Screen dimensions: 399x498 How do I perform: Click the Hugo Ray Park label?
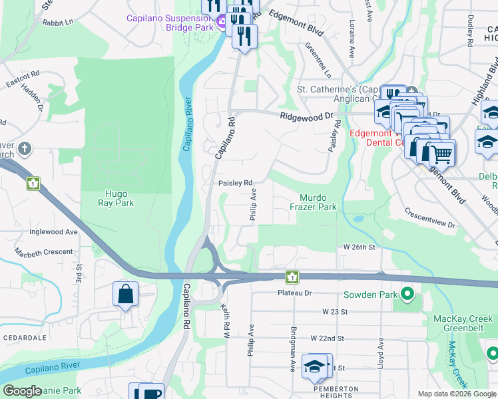(x=117, y=198)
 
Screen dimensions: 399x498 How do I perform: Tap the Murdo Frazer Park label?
(x=318, y=203)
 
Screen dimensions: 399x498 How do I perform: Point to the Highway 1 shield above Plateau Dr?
(x=291, y=276)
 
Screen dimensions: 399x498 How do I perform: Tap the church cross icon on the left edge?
(x=25, y=148)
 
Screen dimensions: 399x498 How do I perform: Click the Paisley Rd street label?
(x=236, y=183)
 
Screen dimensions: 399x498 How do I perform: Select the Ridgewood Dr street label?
(x=306, y=116)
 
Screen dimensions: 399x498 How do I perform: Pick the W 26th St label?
(x=360, y=247)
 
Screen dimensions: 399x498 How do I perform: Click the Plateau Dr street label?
(x=294, y=293)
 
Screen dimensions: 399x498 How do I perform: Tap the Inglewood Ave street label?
(x=53, y=232)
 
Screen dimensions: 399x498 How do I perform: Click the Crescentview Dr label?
(x=430, y=219)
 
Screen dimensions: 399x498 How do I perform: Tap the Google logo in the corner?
(x=22, y=391)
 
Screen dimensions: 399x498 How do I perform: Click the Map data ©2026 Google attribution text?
(x=457, y=394)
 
